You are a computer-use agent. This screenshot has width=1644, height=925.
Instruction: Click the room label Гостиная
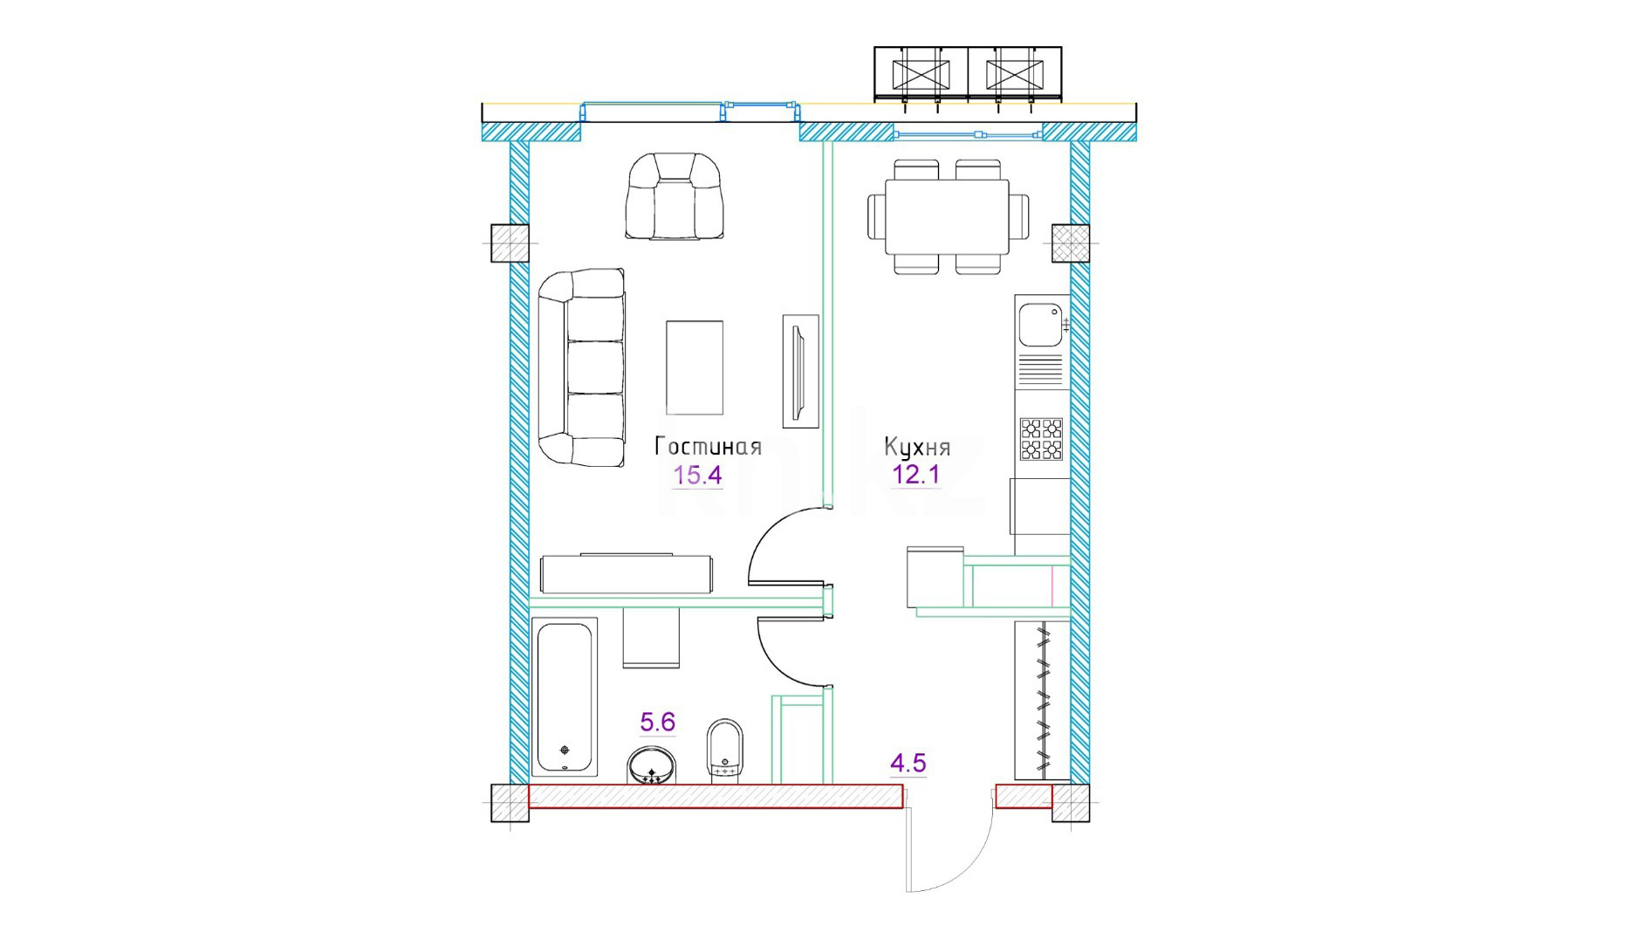(708, 447)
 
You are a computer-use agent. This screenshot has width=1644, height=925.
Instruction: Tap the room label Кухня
(917, 447)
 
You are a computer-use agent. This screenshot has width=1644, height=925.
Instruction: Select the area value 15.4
(697, 476)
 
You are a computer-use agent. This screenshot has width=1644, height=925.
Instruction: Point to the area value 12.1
(916, 475)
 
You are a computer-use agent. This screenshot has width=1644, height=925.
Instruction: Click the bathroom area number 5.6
(658, 722)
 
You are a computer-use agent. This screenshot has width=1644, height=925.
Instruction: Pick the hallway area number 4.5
(908, 764)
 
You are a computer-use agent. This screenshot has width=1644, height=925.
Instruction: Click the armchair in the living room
(675, 196)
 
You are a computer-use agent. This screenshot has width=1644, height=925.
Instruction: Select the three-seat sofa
(582, 367)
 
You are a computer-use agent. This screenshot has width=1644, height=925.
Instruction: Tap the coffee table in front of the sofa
(695, 367)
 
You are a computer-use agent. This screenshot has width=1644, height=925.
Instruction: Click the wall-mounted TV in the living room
(800, 372)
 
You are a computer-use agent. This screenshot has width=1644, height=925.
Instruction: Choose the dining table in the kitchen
(948, 216)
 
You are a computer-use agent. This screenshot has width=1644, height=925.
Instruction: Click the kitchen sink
(1041, 325)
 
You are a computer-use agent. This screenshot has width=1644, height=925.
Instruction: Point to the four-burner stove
(1042, 439)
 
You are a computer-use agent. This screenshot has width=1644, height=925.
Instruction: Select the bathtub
(565, 697)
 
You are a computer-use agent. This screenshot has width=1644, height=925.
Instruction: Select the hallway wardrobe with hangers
(1042, 701)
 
